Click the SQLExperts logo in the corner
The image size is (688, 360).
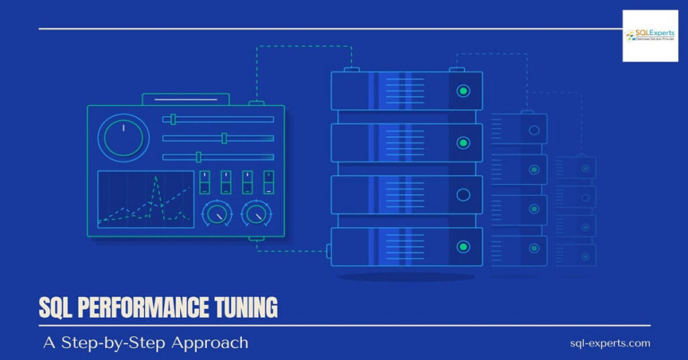[650, 36]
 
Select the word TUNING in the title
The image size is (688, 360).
[246, 308]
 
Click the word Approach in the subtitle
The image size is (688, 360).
[210, 343]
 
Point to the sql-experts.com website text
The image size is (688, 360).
[610, 343]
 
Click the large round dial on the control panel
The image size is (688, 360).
[124, 138]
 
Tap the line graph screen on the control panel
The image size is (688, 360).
[146, 199]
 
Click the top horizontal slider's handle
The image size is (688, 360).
[173, 120]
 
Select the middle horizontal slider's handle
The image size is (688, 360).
[224, 138]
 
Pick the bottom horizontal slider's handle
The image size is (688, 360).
[198, 157]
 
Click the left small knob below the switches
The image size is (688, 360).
[217, 214]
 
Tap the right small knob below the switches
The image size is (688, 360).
[255, 214]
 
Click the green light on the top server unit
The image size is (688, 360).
[463, 91]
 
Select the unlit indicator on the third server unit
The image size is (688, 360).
[463, 195]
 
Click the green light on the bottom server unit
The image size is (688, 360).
[463, 246]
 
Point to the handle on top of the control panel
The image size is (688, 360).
[185, 99]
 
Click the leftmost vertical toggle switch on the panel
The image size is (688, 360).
[206, 182]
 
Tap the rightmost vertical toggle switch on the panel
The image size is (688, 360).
[268, 182]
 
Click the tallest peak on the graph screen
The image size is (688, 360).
[157, 177]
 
